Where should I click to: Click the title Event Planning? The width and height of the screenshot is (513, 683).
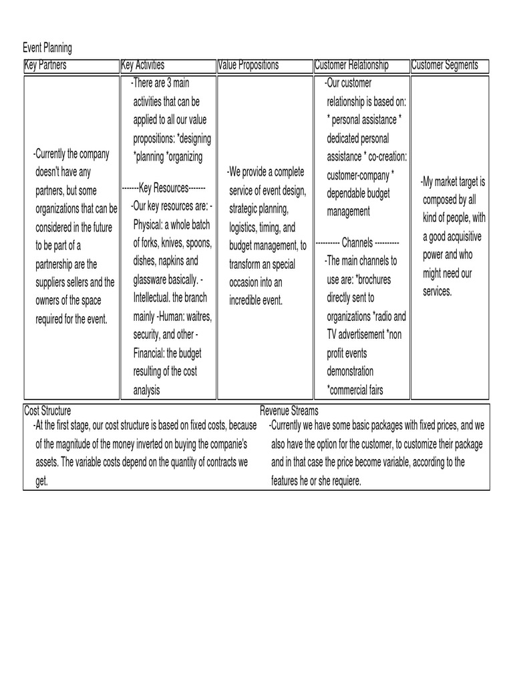(47, 48)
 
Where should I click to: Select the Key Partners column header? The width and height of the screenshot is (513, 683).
(45, 65)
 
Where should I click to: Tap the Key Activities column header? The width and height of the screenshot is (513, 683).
(143, 65)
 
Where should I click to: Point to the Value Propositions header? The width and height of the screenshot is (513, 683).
(248, 65)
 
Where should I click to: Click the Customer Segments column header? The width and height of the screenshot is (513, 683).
(446, 65)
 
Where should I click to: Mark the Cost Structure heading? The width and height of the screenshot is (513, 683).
(47, 411)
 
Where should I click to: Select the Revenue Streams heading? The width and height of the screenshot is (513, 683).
(289, 411)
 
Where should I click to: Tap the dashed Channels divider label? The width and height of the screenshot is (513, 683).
(357, 242)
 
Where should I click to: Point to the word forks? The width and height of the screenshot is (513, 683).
(156, 242)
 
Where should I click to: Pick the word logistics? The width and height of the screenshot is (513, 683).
(244, 227)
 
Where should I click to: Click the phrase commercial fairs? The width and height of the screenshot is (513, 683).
(357, 390)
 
